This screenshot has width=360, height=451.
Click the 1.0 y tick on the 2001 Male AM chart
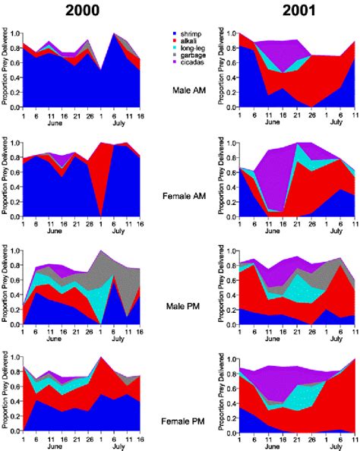pyautogui.click(x=228, y=33)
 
